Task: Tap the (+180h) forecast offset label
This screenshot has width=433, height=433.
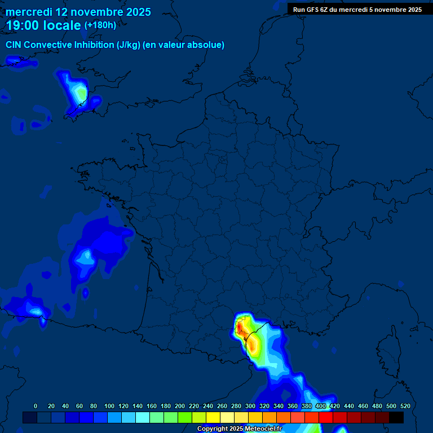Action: pos(100,25)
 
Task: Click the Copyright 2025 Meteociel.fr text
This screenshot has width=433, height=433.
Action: pos(239,429)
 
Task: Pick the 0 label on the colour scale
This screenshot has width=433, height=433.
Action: pos(36,406)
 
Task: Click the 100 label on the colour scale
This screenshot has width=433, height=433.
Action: pos(109,406)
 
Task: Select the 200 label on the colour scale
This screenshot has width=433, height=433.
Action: pos(180,406)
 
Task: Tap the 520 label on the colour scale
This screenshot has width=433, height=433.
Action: pos(405,406)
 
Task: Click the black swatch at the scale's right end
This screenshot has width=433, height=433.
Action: pos(396,417)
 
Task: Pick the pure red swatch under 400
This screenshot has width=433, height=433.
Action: pos(326,417)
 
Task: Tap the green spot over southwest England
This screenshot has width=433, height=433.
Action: pos(81,92)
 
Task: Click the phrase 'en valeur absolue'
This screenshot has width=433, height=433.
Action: pos(186,45)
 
